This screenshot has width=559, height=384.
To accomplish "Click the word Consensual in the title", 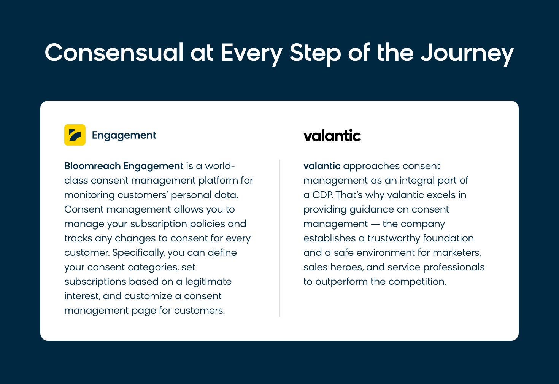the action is (x=114, y=52).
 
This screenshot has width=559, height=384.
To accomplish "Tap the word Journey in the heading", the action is (x=467, y=54).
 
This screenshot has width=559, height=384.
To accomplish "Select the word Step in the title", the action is (x=315, y=54).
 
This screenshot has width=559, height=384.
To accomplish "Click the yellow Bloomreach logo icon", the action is (x=75, y=135).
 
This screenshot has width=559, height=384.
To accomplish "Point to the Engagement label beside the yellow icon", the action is (x=124, y=136).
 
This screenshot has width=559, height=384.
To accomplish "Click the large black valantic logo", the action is (x=332, y=135).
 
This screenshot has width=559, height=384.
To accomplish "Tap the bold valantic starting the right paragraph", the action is (x=322, y=166).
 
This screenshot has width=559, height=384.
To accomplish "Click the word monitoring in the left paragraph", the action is (x=89, y=195).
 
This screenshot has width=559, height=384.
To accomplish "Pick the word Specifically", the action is (x=138, y=253).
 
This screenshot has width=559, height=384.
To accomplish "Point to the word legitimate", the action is (x=208, y=282).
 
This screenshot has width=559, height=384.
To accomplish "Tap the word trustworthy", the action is (x=394, y=238).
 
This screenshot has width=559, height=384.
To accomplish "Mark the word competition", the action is (x=418, y=282).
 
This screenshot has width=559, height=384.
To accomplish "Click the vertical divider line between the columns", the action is (x=280, y=238).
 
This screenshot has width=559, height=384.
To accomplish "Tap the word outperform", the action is (x=341, y=282).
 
